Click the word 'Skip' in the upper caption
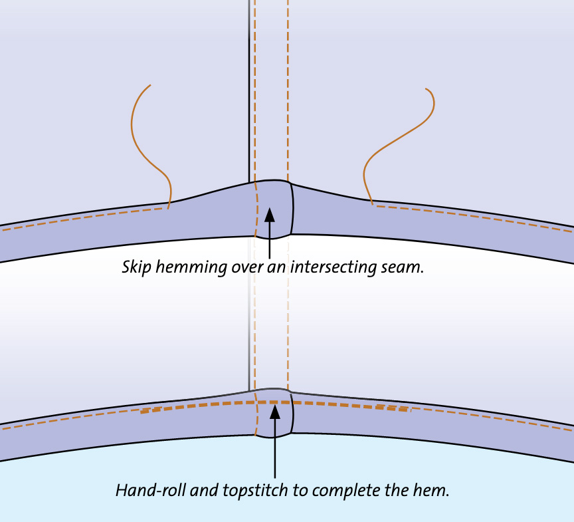(136, 267)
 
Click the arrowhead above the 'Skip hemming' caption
(270, 215)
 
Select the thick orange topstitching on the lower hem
(199, 406)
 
